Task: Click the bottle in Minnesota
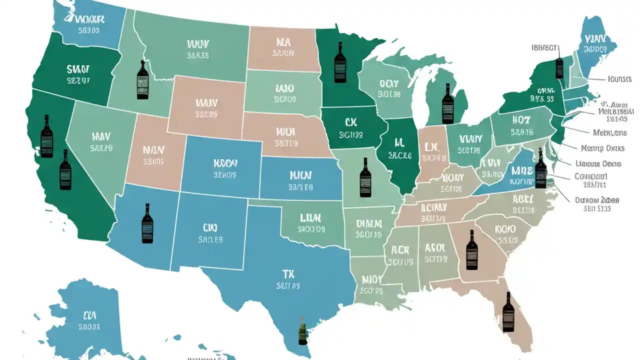(340, 62)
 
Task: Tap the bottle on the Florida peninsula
(508, 312)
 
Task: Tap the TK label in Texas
(288, 273)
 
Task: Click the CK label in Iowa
(350, 121)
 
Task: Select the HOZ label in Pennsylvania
(520, 120)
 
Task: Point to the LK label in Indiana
(431, 146)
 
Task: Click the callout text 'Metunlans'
(609, 133)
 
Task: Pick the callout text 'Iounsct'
(619, 79)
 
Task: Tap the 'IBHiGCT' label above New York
(544, 48)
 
